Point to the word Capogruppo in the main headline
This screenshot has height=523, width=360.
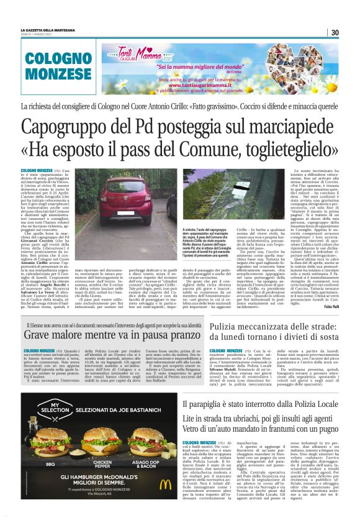70,128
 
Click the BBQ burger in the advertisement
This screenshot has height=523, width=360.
51,442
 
